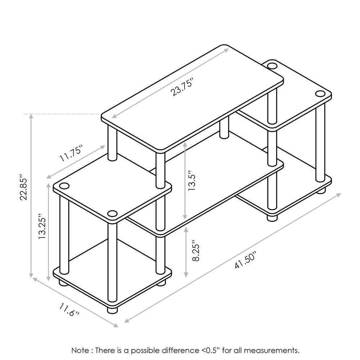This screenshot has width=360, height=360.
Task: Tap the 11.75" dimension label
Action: (x=71, y=153)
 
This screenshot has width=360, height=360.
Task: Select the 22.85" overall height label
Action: (x=24, y=187)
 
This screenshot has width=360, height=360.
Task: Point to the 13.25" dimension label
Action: (x=42, y=227)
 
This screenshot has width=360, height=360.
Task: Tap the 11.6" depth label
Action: (x=69, y=310)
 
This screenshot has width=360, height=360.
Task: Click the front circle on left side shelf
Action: (x=112, y=214)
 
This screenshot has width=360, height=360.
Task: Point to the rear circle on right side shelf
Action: (x=272, y=66)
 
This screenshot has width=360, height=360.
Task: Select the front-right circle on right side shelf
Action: (x=320, y=94)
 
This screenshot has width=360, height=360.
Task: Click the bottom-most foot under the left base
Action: (x=112, y=310)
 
